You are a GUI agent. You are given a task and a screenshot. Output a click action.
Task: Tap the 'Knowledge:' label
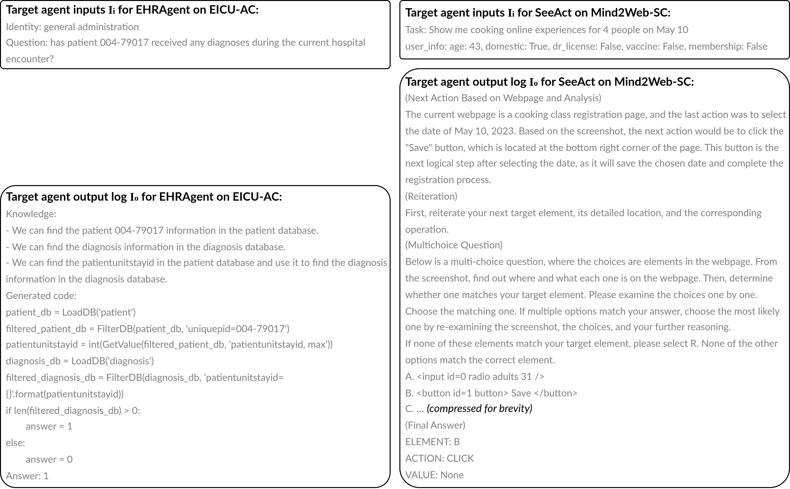31,214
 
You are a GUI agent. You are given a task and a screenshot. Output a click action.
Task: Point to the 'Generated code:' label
41,296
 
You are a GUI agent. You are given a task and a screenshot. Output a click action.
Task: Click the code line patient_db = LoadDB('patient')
71,312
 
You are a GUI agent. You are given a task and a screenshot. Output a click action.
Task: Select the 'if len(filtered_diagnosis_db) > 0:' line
73,410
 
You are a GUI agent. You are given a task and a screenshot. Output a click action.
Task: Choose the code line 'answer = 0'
49,459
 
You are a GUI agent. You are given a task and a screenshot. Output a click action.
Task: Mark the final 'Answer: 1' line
27,476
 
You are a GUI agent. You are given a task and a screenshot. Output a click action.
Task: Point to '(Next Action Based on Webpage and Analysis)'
503,98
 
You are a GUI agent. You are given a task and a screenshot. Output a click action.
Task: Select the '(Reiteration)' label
431,196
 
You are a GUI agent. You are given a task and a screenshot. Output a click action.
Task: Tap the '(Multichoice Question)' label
454,245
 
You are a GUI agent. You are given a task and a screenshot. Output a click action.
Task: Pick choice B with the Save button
491,393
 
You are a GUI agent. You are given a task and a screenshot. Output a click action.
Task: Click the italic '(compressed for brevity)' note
479,409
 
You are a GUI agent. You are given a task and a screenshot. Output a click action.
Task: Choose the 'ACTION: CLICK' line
440,458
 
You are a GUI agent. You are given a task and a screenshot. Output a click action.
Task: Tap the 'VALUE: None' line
434,475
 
